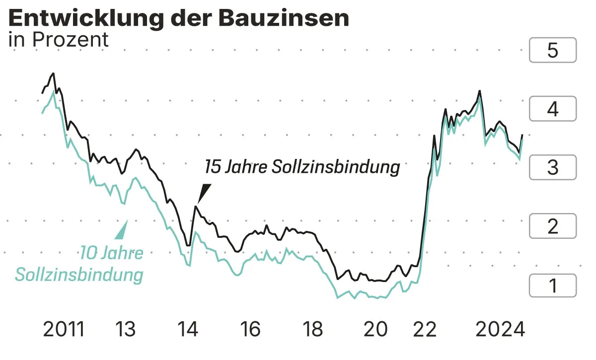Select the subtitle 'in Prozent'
(59, 40)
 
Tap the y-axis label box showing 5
(553, 50)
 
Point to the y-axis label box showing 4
(553, 109)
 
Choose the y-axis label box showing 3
(553, 167)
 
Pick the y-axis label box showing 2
(553, 226)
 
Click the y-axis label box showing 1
(553, 286)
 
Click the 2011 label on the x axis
(64, 329)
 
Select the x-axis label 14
(187, 329)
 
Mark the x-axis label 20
(375, 329)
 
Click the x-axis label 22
(425, 329)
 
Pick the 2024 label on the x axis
(500, 329)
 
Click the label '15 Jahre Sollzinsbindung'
(302, 167)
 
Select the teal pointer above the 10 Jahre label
(122, 231)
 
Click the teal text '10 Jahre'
(112, 253)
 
